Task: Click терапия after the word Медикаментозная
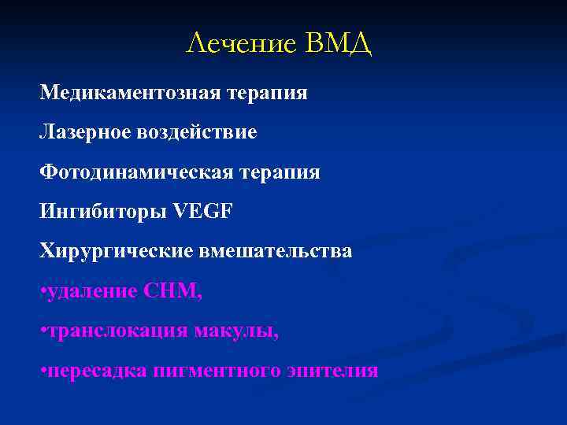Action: (x=268, y=93)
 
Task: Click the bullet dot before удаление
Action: (x=43, y=292)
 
